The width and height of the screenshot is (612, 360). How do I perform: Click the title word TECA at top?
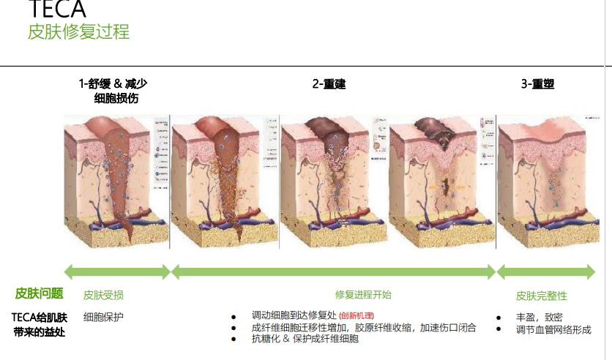tap(56, 10)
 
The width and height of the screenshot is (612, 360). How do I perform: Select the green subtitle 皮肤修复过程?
tap(78, 32)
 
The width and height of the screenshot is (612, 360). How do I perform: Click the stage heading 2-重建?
tap(329, 84)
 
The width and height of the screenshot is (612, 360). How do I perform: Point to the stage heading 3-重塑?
tap(537, 84)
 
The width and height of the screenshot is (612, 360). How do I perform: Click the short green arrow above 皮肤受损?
tap(117, 272)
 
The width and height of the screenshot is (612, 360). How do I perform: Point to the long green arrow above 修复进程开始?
tap(333, 272)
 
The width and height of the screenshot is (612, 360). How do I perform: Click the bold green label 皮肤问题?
tap(39, 294)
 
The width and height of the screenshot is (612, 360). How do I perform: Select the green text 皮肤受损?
tap(103, 295)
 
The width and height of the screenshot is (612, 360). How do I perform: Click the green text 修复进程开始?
tap(363, 295)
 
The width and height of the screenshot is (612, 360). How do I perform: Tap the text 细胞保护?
tap(103, 317)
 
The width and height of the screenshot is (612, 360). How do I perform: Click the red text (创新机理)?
tap(357, 317)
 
